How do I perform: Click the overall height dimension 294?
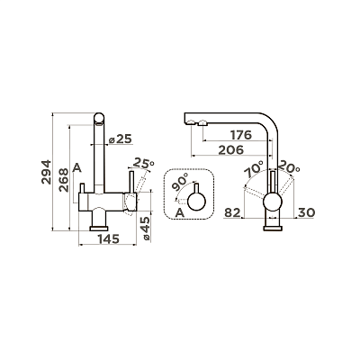click(x=47, y=172)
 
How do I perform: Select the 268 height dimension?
click(x=65, y=180)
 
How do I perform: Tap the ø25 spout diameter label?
click(x=121, y=139)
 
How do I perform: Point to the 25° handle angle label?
click(x=144, y=163)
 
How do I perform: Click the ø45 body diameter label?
click(x=146, y=229)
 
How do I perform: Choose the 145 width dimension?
click(x=108, y=238)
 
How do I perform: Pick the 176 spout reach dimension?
click(x=240, y=135)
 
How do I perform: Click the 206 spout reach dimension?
click(x=231, y=150)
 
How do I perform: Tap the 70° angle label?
click(x=254, y=169)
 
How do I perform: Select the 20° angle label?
click(x=289, y=166)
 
